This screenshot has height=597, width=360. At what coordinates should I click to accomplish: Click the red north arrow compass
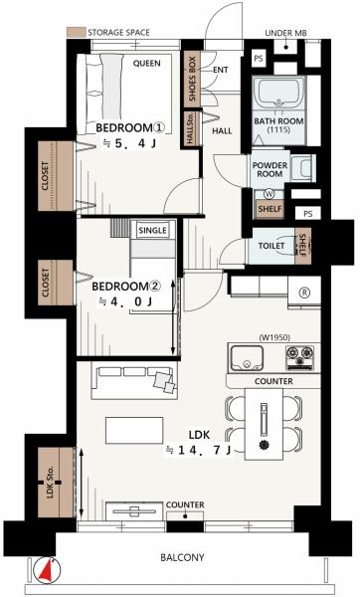[47, 570]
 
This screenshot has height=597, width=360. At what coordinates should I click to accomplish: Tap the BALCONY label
[182, 557]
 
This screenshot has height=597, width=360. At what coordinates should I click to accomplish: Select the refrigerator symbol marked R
[305, 293]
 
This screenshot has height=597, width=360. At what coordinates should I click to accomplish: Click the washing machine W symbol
[270, 194]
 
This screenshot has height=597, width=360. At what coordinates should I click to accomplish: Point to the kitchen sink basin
[247, 358]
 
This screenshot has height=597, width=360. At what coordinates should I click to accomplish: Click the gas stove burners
[300, 357]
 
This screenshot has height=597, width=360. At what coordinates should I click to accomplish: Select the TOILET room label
[271, 246]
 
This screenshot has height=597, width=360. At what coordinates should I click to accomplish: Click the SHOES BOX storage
[192, 79]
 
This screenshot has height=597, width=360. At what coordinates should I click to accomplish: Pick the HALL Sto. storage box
[191, 128]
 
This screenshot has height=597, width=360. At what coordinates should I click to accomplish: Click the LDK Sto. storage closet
[56, 482]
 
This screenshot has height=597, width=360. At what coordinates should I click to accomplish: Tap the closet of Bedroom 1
[56, 176]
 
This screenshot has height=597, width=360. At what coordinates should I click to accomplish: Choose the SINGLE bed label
[152, 231]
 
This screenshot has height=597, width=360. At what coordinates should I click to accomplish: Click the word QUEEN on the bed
[146, 64]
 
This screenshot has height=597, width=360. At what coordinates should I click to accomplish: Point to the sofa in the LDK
[134, 380]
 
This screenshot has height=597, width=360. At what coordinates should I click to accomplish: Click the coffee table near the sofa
[134, 430]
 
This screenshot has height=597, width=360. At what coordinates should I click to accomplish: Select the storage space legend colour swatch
[76, 33]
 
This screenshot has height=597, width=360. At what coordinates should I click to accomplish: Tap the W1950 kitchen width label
[274, 337]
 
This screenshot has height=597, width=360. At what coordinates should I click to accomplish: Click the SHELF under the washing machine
[270, 209]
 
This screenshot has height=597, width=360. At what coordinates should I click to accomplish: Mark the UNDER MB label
[285, 33]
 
